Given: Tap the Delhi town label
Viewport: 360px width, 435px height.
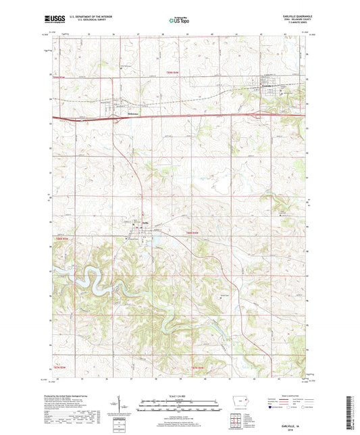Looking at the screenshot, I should click(x=145, y=224).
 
